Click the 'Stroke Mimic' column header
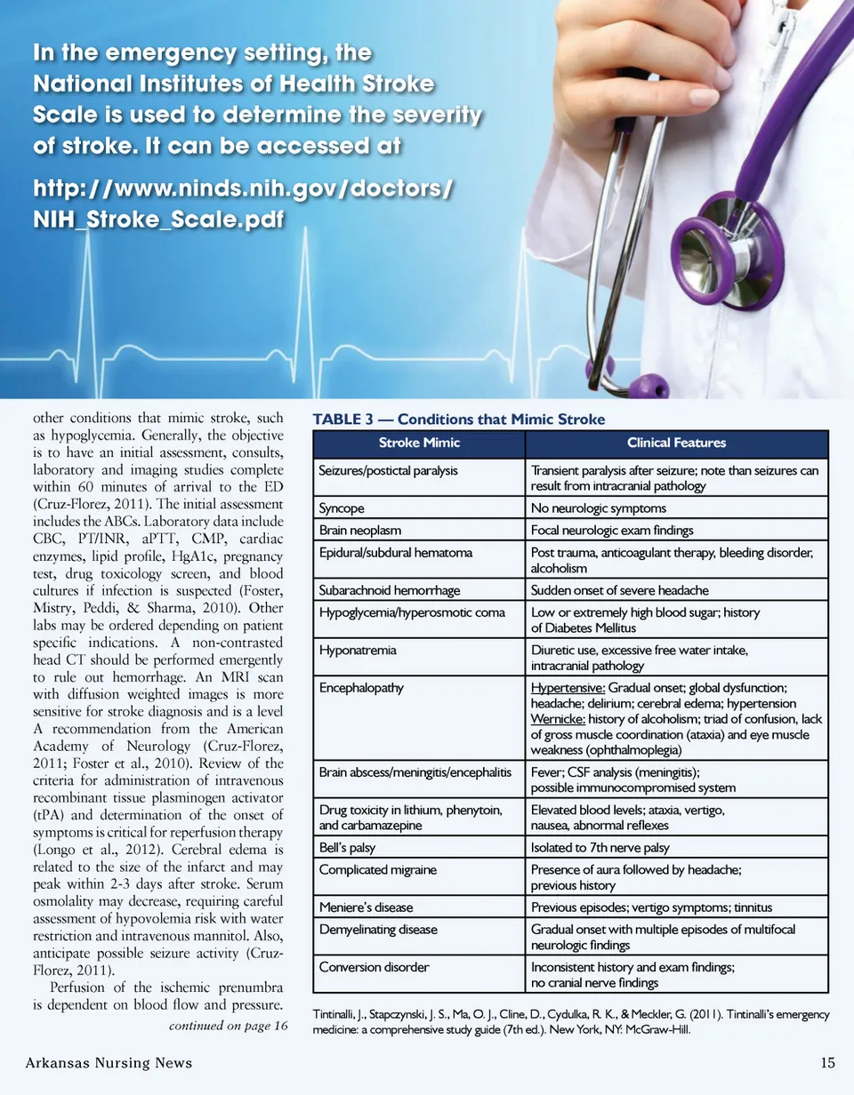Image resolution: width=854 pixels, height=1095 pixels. click(417, 443)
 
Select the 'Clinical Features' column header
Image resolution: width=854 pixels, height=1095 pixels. click(676, 443)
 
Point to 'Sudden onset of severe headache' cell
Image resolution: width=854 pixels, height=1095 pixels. click(620, 591)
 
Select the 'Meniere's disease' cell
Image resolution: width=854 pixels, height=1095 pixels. click(365, 907)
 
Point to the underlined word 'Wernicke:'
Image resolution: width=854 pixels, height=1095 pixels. click(558, 719)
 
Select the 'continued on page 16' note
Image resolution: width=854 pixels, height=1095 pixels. click(227, 1027)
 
